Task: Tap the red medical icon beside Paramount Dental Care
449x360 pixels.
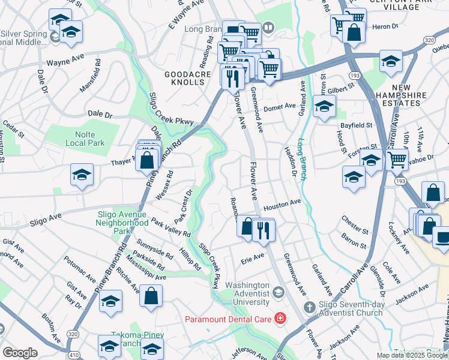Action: pos(279,317)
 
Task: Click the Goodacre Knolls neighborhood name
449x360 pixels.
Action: pos(188,78)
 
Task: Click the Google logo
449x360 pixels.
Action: pos(20,353)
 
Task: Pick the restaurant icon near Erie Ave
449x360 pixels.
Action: pos(262,229)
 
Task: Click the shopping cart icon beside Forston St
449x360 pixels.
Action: pos(397,160)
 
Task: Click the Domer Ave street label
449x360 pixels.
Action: pos(280,106)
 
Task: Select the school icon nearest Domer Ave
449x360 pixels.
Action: pos(324,107)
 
